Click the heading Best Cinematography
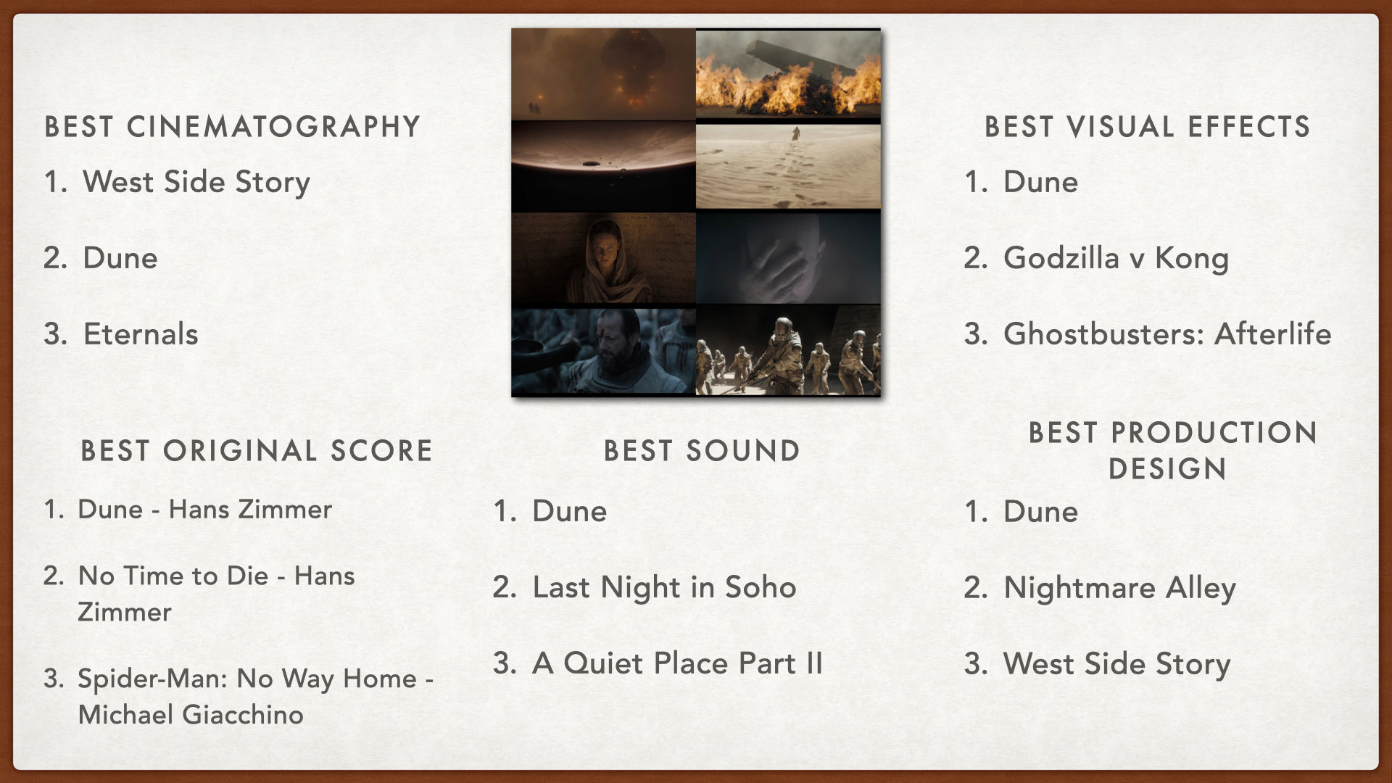click(x=232, y=127)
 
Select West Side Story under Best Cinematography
click(x=196, y=182)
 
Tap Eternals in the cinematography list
click(x=141, y=334)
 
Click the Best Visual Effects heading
click(x=1147, y=127)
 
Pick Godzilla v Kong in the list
click(x=1116, y=258)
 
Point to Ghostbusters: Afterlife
click(x=1167, y=334)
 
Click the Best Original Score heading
click(x=256, y=451)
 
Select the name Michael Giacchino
click(x=191, y=715)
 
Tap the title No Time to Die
click(x=173, y=576)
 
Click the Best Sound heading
click(x=702, y=451)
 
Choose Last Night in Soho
click(x=664, y=588)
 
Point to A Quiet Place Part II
click(x=677, y=663)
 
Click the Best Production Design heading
click(x=1172, y=450)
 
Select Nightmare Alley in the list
click(x=1119, y=588)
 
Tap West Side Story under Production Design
click(x=1116, y=664)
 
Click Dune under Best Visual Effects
click(x=1040, y=182)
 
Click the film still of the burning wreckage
click(x=788, y=73)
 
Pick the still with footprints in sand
click(x=788, y=166)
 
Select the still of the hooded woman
click(x=603, y=258)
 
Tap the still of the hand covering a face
click(x=788, y=258)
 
